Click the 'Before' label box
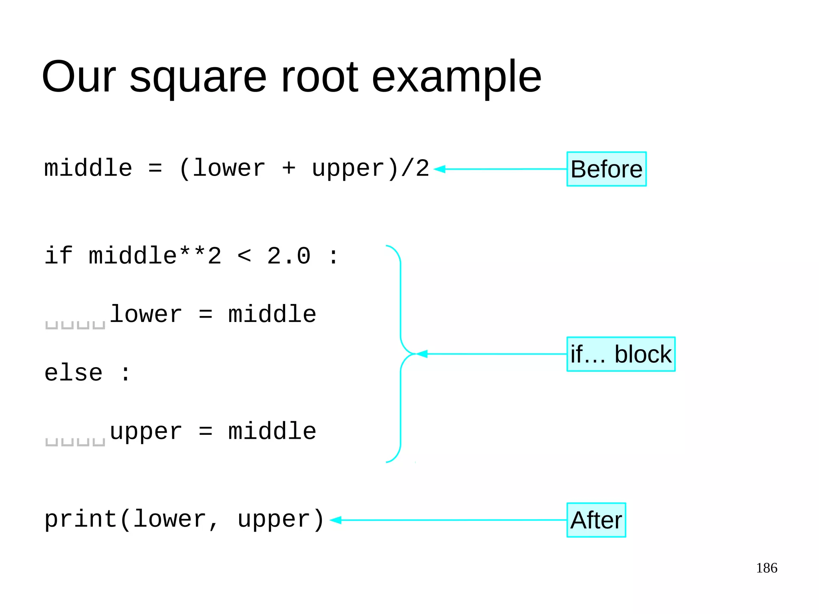click(x=606, y=169)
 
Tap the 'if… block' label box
click(x=621, y=354)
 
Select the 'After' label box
click(x=596, y=520)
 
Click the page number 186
click(x=766, y=568)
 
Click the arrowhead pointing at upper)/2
click(x=439, y=169)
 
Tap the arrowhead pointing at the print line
click(x=336, y=520)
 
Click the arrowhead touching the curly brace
click(x=422, y=354)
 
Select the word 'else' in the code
click(x=74, y=373)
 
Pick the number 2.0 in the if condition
click(x=288, y=256)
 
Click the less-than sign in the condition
click(x=244, y=256)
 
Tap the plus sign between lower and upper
click(x=288, y=168)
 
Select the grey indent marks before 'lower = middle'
click(x=75, y=325)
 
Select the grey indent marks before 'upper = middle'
click(x=75, y=442)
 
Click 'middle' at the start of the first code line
click(x=88, y=168)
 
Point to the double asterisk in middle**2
click(x=192, y=253)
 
